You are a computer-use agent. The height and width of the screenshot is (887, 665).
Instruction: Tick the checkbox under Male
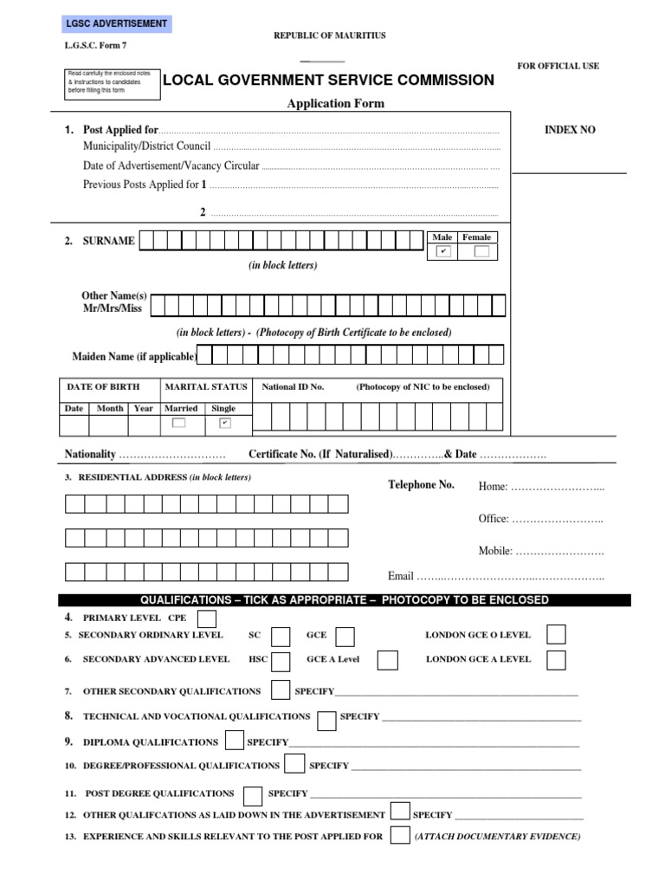point(443,252)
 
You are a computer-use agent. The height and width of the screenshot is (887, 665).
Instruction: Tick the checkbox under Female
point(481,252)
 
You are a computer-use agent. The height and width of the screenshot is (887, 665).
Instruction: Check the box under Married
point(178,423)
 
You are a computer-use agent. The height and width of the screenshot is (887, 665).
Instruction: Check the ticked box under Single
point(224,423)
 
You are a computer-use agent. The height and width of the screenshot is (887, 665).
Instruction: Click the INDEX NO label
point(569,130)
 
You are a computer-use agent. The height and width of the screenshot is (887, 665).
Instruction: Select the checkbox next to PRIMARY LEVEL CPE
point(207,618)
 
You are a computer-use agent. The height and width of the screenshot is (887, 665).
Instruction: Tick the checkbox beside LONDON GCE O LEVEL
point(556,635)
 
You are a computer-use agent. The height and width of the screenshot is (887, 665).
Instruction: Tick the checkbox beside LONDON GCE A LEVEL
point(556,660)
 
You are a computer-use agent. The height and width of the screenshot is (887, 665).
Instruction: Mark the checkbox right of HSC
point(281,660)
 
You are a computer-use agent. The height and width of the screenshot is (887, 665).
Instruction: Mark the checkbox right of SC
point(281,637)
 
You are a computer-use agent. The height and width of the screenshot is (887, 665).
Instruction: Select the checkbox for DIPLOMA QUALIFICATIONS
point(234,741)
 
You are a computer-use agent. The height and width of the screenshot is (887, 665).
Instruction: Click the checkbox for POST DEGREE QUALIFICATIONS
point(253,794)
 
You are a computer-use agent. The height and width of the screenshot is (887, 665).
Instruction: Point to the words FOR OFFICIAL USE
point(558,66)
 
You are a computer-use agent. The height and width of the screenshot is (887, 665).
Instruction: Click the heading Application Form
point(336,104)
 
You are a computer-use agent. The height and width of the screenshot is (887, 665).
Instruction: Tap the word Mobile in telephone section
point(494,551)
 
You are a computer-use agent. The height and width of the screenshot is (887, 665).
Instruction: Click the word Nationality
point(90,454)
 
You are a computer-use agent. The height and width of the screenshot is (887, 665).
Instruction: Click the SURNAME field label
point(108,241)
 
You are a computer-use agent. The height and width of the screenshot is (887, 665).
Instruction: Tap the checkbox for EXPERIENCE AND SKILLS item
point(399,836)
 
